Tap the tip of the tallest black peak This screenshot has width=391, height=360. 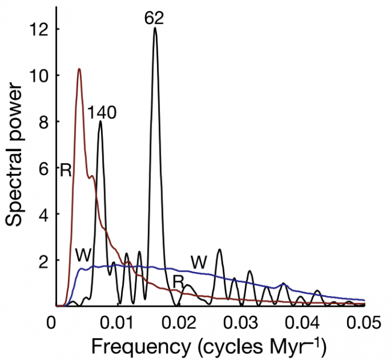(x=155, y=28)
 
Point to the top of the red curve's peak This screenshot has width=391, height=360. (x=79, y=69)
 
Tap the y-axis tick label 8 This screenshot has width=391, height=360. (x=42, y=122)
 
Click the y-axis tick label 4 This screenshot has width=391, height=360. (x=42, y=214)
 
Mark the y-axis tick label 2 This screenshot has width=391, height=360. (x=42, y=261)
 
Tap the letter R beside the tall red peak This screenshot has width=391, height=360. (x=66, y=170)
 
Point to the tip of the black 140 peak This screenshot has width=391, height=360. (x=100, y=122)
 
